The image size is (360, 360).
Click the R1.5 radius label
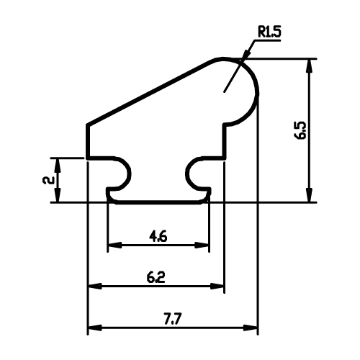tap(269, 32)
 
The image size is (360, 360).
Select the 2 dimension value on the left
tap(48, 180)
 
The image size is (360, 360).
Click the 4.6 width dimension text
tap(158, 237)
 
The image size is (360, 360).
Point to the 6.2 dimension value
tap(156, 277)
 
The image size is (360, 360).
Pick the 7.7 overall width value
tap(173, 319)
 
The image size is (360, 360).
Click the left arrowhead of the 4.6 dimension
tap(115, 245)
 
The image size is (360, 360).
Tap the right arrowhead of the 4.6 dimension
tap(202, 245)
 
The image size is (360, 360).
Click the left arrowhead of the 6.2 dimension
tap(95, 286)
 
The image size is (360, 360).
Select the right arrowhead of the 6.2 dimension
tap(217, 286)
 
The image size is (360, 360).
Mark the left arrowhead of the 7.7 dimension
tap(95, 328)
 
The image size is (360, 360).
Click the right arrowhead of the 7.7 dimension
tap(251, 328)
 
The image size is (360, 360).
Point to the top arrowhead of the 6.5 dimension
tap(310, 66)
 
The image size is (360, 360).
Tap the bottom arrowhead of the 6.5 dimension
tap(310, 195)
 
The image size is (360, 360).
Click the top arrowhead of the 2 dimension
tap(58, 166)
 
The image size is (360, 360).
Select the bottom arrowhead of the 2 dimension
tap(58, 195)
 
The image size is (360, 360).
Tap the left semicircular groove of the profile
tap(130, 174)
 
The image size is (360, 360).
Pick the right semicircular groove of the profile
tap(187, 174)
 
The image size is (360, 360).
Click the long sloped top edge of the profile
tap(149, 92)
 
